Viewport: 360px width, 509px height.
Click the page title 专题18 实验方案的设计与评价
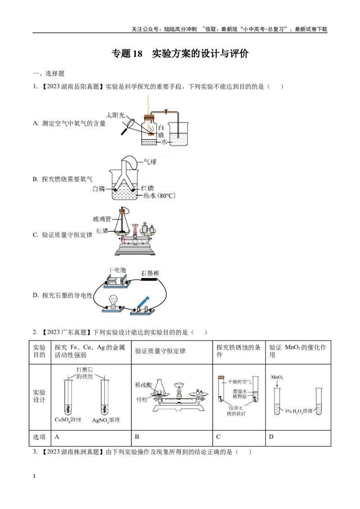pyautogui.click(x=180, y=54)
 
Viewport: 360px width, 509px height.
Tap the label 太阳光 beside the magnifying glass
pyautogui.click(x=115, y=115)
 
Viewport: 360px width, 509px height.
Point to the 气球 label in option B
pyautogui.click(x=150, y=161)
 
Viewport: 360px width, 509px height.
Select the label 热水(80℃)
pyautogui.click(x=159, y=196)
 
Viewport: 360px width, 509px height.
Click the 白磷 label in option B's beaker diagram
pyautogui.click(x=99, y=188)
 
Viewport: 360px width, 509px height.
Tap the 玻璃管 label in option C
pyautogui.click(x=102, y=219)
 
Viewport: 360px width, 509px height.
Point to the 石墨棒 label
pyautogui.click(x=150, y=273)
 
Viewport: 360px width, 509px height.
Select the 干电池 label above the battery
pyautogui.click(x=117, y=270)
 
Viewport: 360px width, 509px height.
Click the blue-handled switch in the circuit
pyautogui.click(x=143, y=304)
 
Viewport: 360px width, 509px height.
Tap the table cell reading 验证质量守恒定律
pyautogui.click(x=160, y=351)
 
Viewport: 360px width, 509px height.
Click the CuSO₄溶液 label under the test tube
pyautogui.click(x=68, y=420)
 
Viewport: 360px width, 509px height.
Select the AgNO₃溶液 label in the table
pyautogui.click(x=106, y=420)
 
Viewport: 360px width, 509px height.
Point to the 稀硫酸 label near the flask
pyautogui.click(x=143, y=385)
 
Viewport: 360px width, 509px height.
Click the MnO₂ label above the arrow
pyautogui.click(x=277, y=377)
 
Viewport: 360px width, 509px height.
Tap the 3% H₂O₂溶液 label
pyautogui.click(x=299, y=411)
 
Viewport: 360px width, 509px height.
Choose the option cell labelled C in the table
pyautogui.click(x=218, y=437)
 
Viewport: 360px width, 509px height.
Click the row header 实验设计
pyautogui.click(x=39, y=396)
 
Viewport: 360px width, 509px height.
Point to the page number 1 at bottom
pyautogui.click(x=35, y=476)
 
